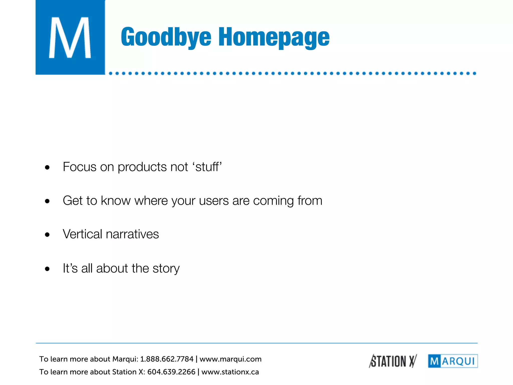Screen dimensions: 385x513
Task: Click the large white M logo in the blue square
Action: tap(70, 38)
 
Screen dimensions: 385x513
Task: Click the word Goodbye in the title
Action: tap(166, 37)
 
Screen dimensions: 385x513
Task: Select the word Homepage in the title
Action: tap(274, 37)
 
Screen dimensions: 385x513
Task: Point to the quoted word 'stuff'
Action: tap(207, 167)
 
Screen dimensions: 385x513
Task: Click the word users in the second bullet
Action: tap(214, 201)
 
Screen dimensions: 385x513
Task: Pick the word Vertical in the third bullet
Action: tap(82, 234)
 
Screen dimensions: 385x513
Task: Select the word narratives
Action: tap(132, 234)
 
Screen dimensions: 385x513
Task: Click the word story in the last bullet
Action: tap(166, 268)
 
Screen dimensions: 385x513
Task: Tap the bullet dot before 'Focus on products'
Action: tap(47, 167)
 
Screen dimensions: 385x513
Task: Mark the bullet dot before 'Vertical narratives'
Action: tap(47, 235)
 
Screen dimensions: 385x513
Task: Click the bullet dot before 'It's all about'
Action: tap(47, 269)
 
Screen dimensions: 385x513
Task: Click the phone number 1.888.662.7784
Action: tap(167, 359)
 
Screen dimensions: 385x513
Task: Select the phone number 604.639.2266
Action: tap(171, 372)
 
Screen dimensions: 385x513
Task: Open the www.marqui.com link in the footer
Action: tap(230, 359)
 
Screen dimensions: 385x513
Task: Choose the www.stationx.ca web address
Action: tap(230, 372)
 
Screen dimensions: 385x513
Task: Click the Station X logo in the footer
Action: tap(393, 361)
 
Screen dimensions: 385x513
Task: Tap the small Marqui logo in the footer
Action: tap(453, 361)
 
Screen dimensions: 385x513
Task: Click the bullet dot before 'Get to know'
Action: tap(47, 201)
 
